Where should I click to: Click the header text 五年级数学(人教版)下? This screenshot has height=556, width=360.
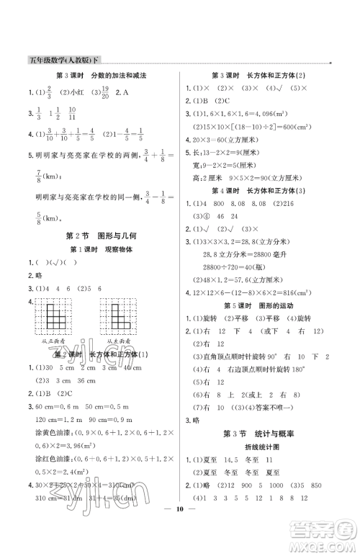pyautogui.click(x=60, y=60)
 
